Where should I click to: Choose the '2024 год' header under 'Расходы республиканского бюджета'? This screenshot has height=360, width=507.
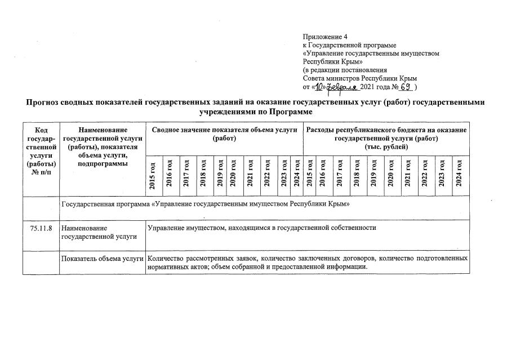(460, 174)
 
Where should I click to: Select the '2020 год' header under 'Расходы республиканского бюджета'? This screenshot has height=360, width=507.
(390, 174)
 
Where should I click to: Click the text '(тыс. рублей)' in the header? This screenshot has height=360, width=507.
(386, 146)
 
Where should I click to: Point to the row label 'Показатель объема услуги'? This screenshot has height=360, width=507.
(102, 258)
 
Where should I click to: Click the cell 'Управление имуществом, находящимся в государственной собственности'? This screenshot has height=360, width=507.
(261, 228)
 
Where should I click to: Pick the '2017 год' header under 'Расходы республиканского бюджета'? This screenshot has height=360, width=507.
(340, 174)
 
